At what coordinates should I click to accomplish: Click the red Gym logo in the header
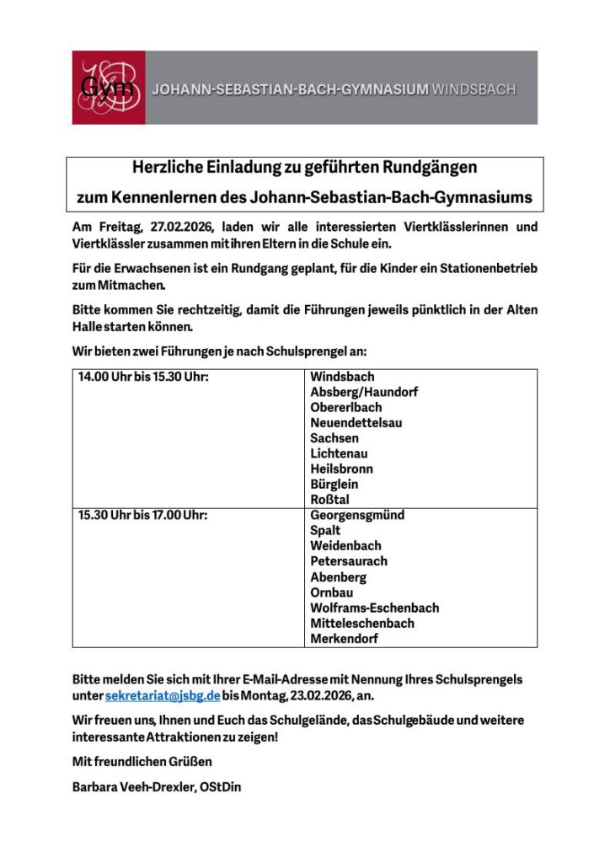(108, 88)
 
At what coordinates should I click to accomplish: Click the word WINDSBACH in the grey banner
(473, 89)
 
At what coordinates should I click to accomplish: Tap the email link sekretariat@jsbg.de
(163, 696)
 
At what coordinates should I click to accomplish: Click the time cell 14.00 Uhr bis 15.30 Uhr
(143, 377)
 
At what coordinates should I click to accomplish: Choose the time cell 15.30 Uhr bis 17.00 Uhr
(143, 515)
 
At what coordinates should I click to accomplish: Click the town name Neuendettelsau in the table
(356, 422)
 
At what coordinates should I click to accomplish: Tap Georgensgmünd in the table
(357, 515)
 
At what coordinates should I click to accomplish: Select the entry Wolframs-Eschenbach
(374, 608)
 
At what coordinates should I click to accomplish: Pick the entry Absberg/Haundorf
(363, 392)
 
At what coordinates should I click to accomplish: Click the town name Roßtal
(329, 500)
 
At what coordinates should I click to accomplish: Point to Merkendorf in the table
(344, 639)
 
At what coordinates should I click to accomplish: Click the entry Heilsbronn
(341, 469)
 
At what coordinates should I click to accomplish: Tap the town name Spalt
(325, 530)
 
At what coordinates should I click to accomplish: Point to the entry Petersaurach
(349, 561)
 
